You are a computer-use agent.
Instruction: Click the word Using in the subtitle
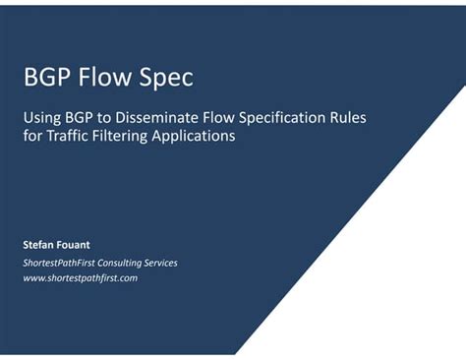click(x=40, y=118)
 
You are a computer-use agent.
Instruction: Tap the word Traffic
click(x=65, y=137)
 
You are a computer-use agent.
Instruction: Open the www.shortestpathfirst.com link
click(x=80, y=278)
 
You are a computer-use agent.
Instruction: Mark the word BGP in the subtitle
click(x=77, y=118)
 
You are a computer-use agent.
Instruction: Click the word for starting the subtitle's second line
click(x=30, y=137)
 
